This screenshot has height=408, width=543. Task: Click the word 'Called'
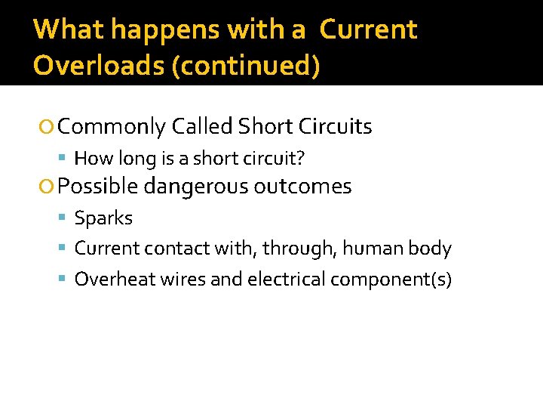[x=201, y=126]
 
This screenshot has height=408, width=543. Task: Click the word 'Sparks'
[x=103, y=218]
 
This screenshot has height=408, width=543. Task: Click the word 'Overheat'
[x=108, y=280]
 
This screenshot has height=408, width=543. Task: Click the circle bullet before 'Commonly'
[x=48, y=127]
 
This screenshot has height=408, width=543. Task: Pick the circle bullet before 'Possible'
[x=48, y=187]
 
